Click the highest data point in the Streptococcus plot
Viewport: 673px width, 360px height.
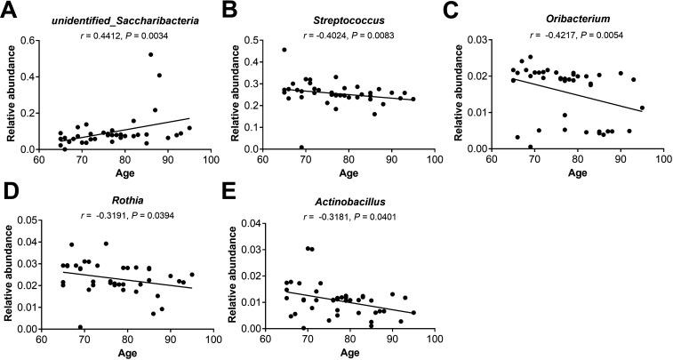(284, 50)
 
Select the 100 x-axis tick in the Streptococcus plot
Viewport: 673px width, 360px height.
(435, 160)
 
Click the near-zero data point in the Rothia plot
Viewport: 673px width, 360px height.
(80, 326)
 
